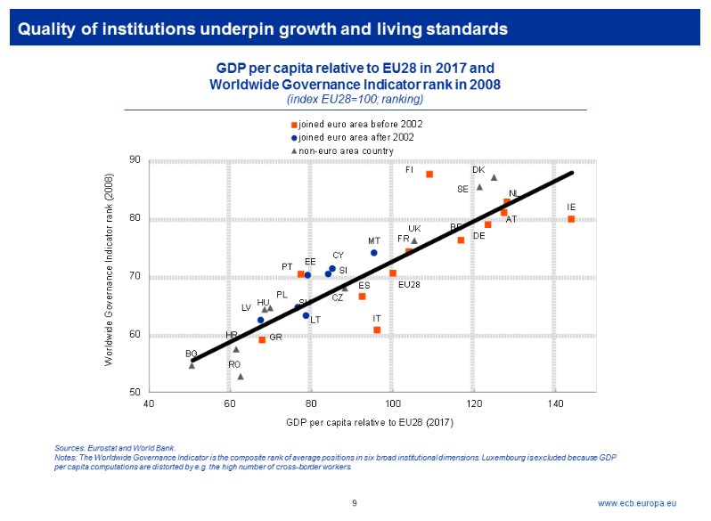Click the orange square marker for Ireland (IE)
pos(571,219)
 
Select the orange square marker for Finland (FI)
pos(429,175)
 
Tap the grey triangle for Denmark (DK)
pos(494,178)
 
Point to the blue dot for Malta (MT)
pos(374,253)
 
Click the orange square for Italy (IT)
pos(377,330)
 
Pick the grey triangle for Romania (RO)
pos(241,377)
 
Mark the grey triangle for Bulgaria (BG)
pos(192,365)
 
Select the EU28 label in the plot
pos(409,285)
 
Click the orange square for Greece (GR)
pos(262,339)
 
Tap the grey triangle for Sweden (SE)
pos(479,187)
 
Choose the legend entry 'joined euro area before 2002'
pos(360,124)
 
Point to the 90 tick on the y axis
pos(135,160)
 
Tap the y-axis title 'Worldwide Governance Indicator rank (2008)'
pos(110,276)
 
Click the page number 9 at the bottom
pos(355,503)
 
